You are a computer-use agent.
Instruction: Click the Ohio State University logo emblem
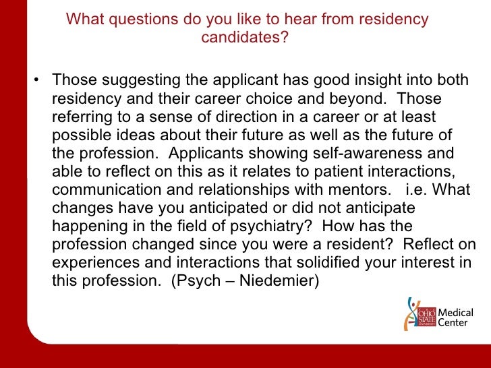[418, 314]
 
